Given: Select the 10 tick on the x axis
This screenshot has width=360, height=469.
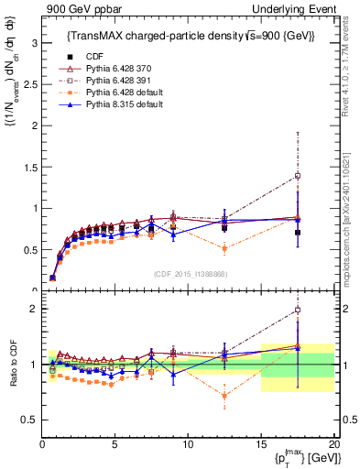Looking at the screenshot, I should pyautogui.click(x=187, y=444).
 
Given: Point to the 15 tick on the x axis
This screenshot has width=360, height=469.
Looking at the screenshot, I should pyautogui.click(x=260, y=444).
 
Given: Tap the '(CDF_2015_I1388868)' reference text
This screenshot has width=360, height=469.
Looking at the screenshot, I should pyautogui.click(x=188, y=273).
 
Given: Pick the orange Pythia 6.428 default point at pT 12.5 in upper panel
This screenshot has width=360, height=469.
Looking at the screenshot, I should pyautogui.click(x=224, y=248).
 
